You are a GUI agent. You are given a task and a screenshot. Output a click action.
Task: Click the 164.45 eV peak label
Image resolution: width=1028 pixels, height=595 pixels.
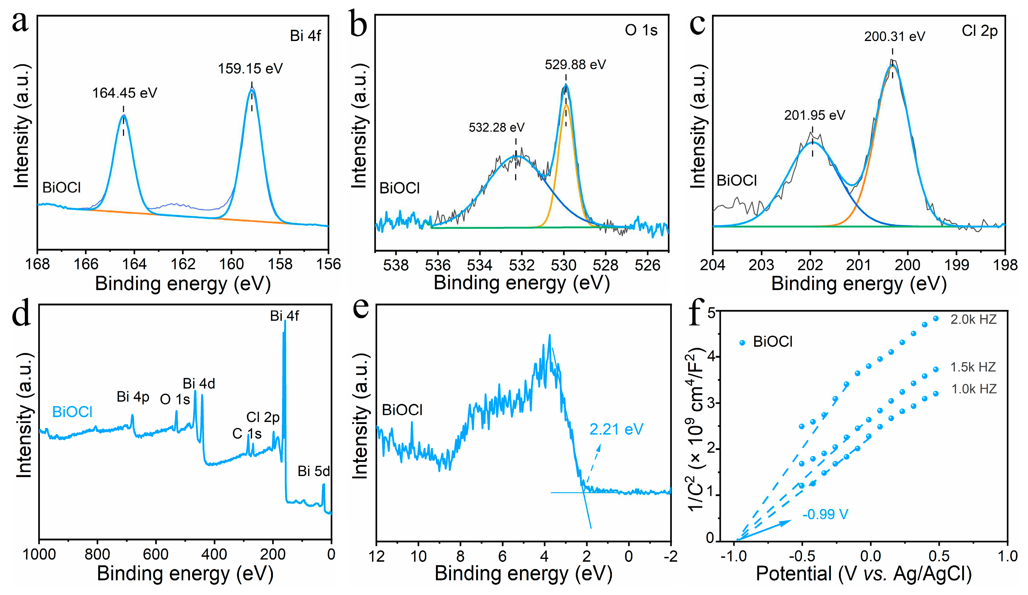(125, 93)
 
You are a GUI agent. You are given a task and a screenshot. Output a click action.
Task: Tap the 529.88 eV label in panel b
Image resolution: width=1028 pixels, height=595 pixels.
(575, 65)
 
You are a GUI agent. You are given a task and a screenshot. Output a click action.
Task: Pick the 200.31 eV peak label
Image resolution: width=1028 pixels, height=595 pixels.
(894, 37)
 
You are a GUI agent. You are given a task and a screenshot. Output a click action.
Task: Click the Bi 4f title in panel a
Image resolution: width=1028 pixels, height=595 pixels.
(305, 36)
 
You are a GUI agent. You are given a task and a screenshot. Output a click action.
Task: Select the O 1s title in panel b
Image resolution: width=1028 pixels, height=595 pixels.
(641, 30)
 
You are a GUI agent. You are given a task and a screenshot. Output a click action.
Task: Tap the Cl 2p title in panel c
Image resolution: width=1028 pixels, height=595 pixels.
(979, 31)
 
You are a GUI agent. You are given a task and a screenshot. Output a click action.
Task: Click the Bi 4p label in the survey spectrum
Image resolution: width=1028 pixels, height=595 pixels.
(133, 396)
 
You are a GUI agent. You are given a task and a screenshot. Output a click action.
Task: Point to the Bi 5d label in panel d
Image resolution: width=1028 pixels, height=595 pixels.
(313, 471)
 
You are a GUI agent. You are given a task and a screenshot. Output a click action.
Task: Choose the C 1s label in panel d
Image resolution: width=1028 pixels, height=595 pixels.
(247, 433)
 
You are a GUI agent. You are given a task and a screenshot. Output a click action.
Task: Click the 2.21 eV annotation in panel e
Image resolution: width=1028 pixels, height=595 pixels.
(616, 429)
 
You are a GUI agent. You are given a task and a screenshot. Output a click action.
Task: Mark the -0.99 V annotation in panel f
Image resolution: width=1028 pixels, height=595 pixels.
(825, 514)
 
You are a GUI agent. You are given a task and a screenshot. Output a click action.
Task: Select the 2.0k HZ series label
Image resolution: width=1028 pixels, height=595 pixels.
(973, 319)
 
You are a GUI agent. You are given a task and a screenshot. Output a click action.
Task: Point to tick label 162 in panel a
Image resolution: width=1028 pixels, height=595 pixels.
(183, 264)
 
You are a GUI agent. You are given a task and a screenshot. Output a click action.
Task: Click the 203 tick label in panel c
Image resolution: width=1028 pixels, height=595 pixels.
(761, 265)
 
